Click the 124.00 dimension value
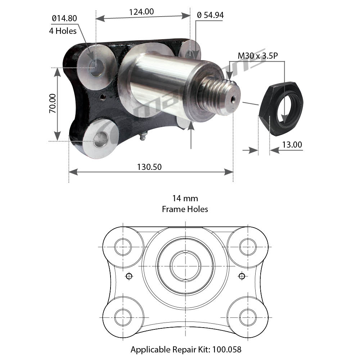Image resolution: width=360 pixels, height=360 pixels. click(x=141, y=12)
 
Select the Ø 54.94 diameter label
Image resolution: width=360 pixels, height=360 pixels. click(x=210, y=15)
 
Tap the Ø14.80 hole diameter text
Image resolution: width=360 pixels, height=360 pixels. click(x=64, y=18)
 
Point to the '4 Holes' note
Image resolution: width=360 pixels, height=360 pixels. click(x=63, y=31)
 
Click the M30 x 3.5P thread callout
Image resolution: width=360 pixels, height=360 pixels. click(x=258, y=55)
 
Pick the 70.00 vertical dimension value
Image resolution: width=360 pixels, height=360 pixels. click(x=53, y=103)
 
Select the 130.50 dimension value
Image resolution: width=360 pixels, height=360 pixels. click(x=149, y=167)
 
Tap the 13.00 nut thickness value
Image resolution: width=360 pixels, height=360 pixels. click(x=292, y=145)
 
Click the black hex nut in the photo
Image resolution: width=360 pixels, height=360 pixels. click(x=281, y=108)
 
